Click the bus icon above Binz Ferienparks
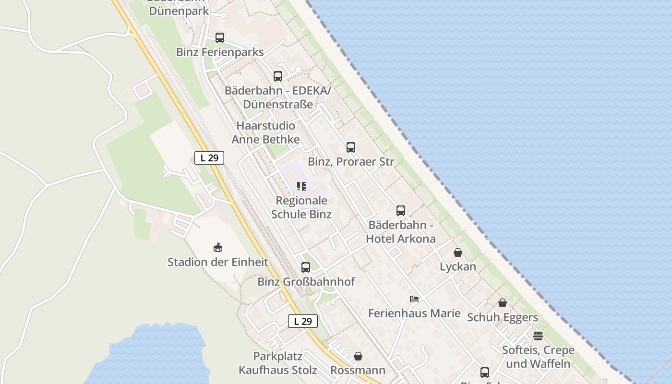220,37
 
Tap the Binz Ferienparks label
220,52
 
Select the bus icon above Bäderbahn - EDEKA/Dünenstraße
278,76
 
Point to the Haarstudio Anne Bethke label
266,132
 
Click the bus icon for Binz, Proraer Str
351,147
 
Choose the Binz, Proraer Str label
351,162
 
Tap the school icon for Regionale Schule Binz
301,186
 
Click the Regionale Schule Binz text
301,207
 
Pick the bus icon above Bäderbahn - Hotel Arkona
401,210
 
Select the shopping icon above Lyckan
458,252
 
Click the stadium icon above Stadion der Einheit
218,248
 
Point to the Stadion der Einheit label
218,262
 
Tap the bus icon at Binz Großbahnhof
306,267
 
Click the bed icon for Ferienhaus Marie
414,299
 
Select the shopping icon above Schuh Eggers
503,303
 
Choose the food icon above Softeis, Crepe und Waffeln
538,336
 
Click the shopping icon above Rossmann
358,356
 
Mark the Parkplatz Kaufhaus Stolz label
278,363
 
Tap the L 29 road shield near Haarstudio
209,157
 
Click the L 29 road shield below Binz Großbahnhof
303,321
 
